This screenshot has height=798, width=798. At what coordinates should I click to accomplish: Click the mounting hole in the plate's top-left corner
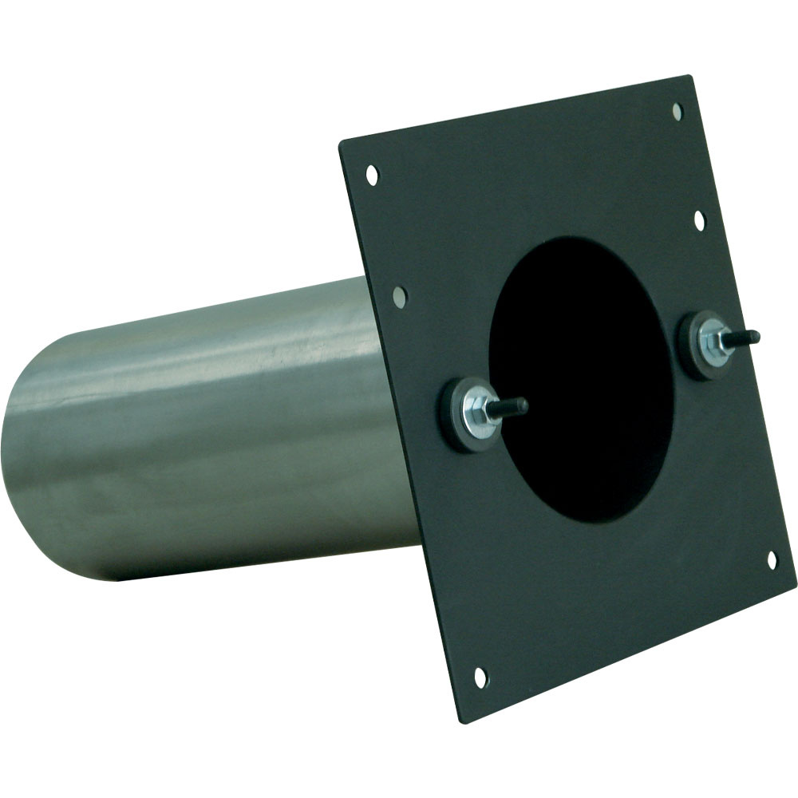click(x=372, y=173)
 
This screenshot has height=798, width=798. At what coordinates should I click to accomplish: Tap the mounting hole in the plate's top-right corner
click(x=678, y=111)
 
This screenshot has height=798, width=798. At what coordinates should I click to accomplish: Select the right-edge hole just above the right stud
click(x=699, y=219)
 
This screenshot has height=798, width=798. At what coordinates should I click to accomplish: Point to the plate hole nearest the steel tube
click(x=400, y=297)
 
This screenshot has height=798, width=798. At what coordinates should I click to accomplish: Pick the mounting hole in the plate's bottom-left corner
click(x=480, y=678)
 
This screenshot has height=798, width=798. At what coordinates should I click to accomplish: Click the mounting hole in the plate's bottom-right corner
click(x=772, y=560)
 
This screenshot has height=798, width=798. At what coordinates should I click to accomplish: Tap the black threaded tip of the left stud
click(x=515, y=407)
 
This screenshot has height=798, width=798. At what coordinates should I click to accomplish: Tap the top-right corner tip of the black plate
click(x=688, y=77)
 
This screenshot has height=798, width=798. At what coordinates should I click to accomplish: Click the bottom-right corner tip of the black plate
click(x=795, y=578)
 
